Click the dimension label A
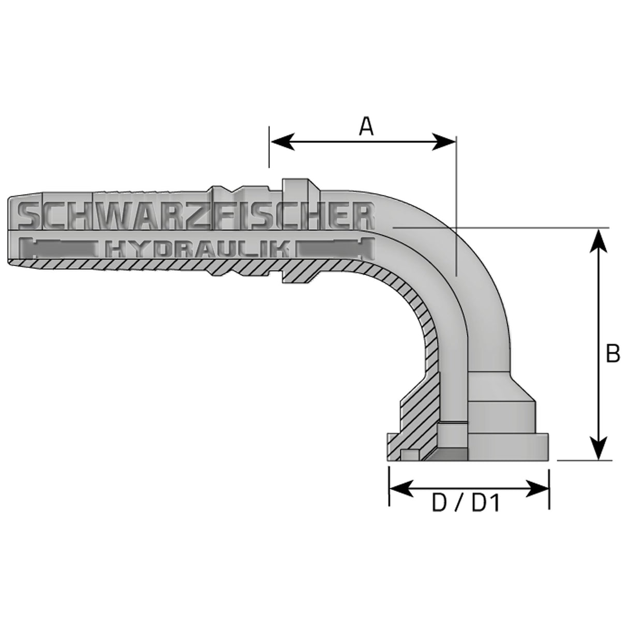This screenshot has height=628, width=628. [x=366, y=126]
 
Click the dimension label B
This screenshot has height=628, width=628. [x=612, y=354]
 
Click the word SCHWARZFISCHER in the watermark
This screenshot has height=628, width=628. [x=197, y=216]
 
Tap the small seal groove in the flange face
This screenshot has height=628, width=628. [x=409, y=455]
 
